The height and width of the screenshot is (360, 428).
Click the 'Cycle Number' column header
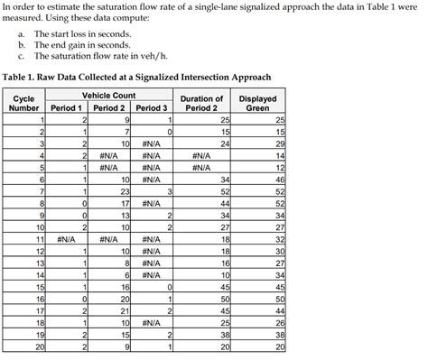pyautogui.click(x=25, y=102)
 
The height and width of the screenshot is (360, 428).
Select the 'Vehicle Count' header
pyautogui.click(x=108, y=95)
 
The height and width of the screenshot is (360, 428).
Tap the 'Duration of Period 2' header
pyautogui.click(x=201, y=102)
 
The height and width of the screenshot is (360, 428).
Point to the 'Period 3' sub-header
pyautogui.click(x=152, y=108)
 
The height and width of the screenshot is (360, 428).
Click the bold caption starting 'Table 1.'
pyautogui.click(x=135, y=76)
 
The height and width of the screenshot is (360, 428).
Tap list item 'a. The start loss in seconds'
pyautogui.click(x=81, y=33)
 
